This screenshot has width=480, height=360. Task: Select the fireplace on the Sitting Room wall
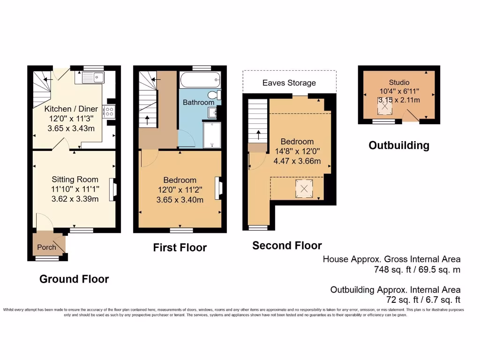(x=113, y=190)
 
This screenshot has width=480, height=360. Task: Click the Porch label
(x=46, y=247)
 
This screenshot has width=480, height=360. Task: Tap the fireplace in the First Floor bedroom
(x=218, y=187)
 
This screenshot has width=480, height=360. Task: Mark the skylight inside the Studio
(x=385, y=107)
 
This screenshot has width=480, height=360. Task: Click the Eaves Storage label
(x=289, y=83)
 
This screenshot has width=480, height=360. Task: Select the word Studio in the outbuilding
(x=398, y=82)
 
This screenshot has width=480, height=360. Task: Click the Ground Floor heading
(x=74, y=279)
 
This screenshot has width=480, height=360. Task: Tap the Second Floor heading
(x=287, y=246)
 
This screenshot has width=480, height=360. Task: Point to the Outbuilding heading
(x=398, y=145)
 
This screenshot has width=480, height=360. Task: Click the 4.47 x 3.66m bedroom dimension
(x=297, y=161)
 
